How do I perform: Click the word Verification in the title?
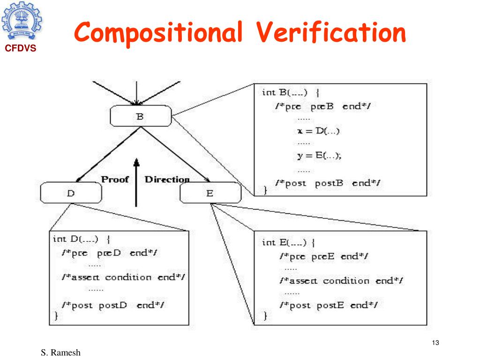point(331,32)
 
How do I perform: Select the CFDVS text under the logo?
point(21,48)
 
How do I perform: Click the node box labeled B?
point(140,116)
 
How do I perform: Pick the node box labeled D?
point(71,192)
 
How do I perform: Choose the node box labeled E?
point(209,193)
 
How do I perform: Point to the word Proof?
point(115,180)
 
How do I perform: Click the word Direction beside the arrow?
point(167,180)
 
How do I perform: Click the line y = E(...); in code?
point(319,157)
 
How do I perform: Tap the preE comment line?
point(323,256)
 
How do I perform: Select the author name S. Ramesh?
point(63,352)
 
